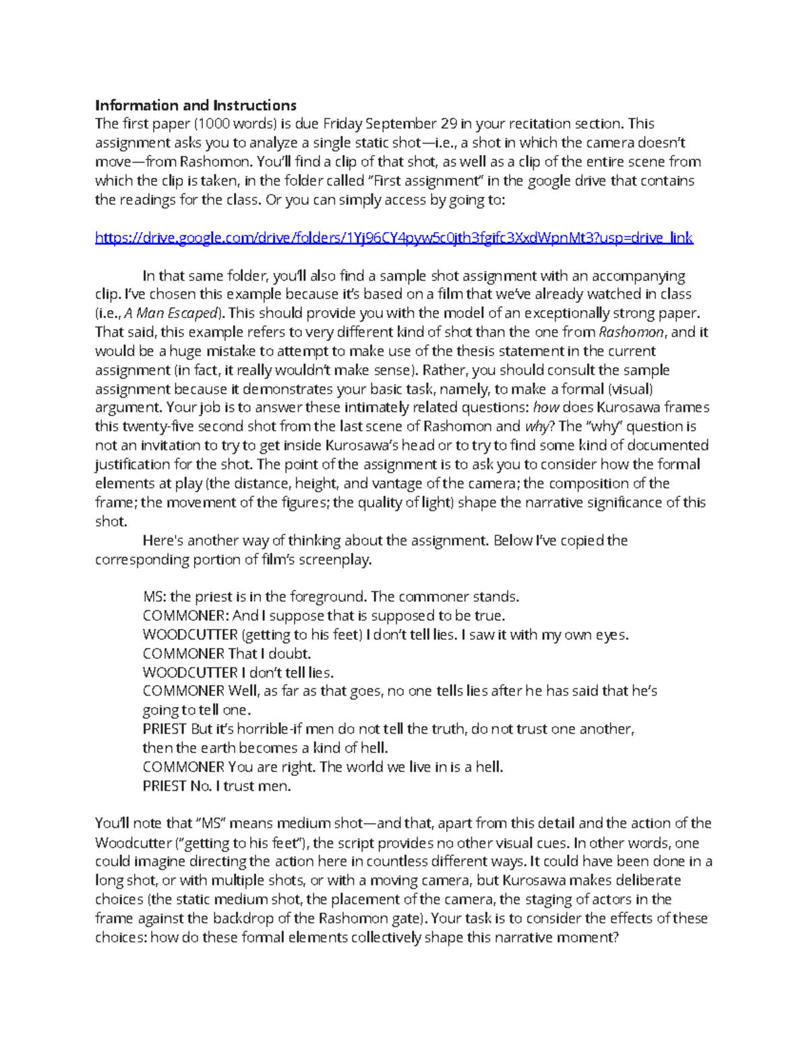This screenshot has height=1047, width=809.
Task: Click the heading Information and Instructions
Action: [196, 105]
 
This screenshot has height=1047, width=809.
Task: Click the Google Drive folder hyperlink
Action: [394, 238]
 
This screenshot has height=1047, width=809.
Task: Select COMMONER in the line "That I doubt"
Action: [183, 654]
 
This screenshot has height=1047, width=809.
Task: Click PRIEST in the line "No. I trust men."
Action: [164, 786]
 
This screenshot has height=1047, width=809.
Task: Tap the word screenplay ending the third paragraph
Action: [334, 560]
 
